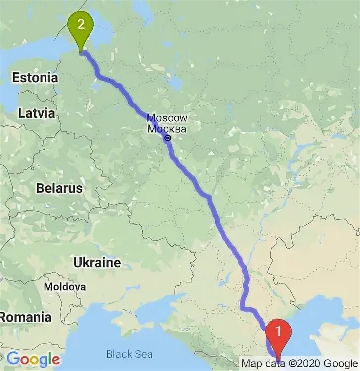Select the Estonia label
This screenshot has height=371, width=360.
pos(35,78)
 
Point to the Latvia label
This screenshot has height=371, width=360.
pos(37,113)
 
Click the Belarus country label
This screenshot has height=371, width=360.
pos(59,188)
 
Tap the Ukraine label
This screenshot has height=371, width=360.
pos(97,262)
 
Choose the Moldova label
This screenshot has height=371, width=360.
pos(64,287)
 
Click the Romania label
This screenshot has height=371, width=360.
pos(26,317)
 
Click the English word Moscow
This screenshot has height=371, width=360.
pos(168,118)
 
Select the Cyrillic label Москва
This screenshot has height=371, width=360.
pos(168,129)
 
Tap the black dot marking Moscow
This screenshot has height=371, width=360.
pos(168,138)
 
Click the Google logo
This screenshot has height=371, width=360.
pos(33,359)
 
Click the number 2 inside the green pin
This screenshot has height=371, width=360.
pos(80,23)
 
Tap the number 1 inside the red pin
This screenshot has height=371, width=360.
pos(278,330)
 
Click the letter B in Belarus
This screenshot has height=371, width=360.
pos(40,188)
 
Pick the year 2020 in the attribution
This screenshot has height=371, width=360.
pos(307,364)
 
